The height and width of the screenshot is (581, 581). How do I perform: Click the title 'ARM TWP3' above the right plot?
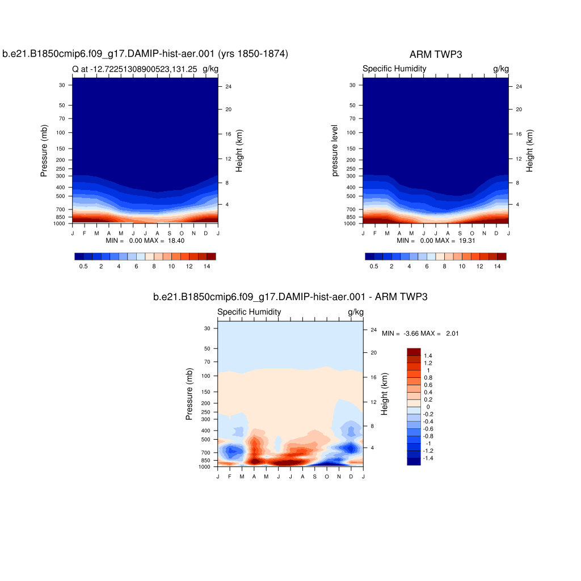point(435,54)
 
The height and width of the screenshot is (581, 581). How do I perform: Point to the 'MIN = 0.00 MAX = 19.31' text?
point(436,241)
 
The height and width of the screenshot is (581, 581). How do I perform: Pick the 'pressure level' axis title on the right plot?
point(335,150)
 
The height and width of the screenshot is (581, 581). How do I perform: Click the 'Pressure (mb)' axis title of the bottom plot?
point(190,394)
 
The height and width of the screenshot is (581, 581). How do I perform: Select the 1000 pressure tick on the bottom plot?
point(204,467)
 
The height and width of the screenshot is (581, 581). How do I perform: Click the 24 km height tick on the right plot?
point(518,86)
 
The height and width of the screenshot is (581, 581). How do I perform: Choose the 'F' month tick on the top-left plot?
point(85,233)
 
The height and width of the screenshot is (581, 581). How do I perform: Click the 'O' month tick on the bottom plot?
point(327,477)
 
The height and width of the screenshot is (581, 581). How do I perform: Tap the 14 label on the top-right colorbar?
point(496,266)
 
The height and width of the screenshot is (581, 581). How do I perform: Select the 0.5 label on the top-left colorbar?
point(83,266)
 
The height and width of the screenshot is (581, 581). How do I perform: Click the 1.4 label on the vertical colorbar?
point(428,356)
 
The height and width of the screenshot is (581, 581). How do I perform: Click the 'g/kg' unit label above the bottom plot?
point(355,312)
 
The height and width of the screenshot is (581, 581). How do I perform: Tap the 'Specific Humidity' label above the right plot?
point(394,69)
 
